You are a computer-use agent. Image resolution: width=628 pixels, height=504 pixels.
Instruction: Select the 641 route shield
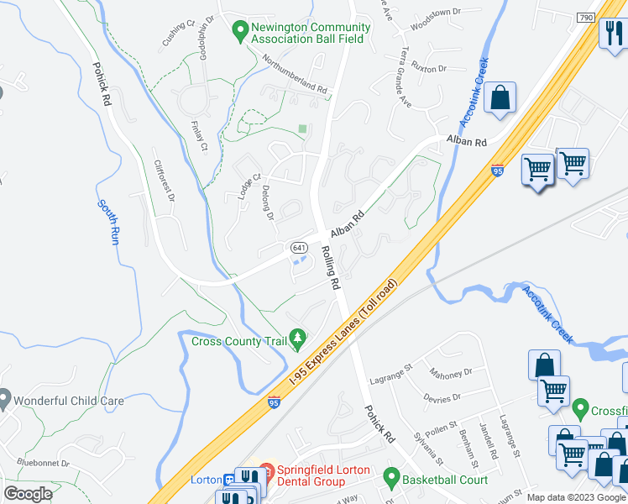pyautogui.click(x=300, y=248)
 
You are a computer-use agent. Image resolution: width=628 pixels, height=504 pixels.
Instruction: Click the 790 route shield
pyautogui.click(x=586, y=18)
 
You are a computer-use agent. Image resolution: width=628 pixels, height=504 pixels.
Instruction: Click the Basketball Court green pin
pyautogui.click(x=390, y=479)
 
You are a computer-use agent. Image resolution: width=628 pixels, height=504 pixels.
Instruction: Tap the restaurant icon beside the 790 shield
pyautogui.click(x=612, y=34)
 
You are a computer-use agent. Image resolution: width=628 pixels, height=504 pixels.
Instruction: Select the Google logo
pyautogui.click(x=28, y=494)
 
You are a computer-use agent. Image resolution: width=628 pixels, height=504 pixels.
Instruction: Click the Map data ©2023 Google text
pyautogui.click(x=576, y=497)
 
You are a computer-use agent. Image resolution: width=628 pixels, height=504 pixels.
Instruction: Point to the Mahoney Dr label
pyautogui.click(x=450, y=370)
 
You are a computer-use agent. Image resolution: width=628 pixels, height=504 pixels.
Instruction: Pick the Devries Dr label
pyautogui.click(x=444, y=397)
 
